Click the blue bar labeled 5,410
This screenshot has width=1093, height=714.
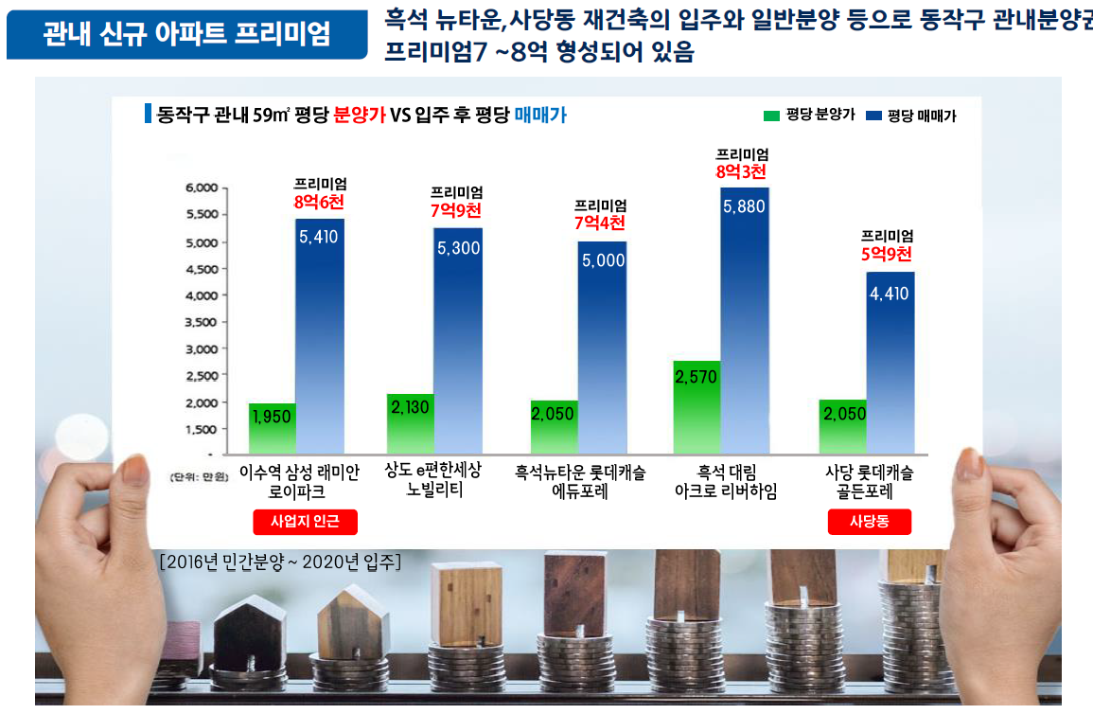click(319, 336)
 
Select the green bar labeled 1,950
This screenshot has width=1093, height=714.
click(273, 429)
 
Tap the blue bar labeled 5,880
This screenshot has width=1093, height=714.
click(744, 322)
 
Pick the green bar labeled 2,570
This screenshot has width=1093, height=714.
click(696, 407)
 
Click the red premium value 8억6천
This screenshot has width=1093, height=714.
click(320, 201)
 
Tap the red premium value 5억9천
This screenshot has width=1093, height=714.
click(887, 254)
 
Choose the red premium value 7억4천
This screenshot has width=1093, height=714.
click(600, 223)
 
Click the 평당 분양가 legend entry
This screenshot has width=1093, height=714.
click(809, 116)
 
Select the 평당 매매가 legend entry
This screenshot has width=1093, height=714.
click(910, 116)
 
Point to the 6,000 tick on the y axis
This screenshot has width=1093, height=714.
click(201, 188)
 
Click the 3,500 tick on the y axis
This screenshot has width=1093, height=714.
click(201, 322)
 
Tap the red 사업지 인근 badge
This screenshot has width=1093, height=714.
click(305, 522)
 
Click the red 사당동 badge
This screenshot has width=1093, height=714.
click(869, 522)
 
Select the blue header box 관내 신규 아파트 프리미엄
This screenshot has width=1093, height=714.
click(186, 36)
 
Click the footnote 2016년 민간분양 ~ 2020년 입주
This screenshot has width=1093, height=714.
click(280, 562)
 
